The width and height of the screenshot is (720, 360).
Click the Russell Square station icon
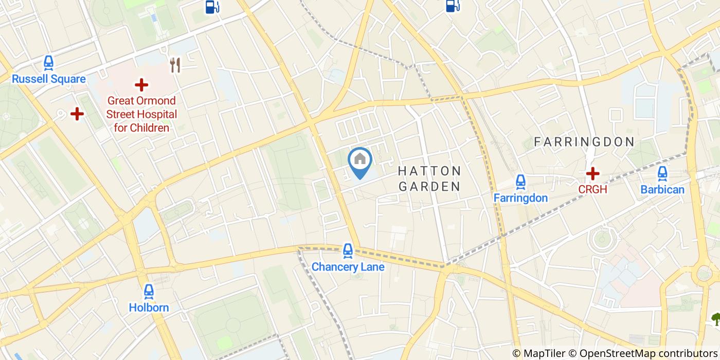48,63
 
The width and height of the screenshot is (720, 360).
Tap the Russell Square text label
49,79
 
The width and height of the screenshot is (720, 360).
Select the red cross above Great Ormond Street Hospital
141,85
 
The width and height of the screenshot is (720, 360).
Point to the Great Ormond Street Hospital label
142,114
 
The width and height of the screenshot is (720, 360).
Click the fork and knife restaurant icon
175,65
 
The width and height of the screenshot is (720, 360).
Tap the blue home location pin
360,161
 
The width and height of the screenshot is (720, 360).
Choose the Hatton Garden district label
429,178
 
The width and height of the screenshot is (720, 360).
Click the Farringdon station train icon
520,182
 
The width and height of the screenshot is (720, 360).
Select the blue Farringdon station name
520,198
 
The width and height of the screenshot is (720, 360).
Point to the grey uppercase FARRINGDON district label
584,142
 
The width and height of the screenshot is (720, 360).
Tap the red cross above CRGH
592,173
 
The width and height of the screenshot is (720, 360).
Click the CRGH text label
592,189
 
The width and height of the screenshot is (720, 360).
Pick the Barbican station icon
662,173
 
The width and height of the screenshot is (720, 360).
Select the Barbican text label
662,190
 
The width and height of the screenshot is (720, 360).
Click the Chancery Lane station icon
348,251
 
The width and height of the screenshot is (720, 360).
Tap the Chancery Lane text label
348,267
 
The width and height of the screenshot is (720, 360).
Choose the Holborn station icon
149,292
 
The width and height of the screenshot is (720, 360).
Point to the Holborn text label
149,308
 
